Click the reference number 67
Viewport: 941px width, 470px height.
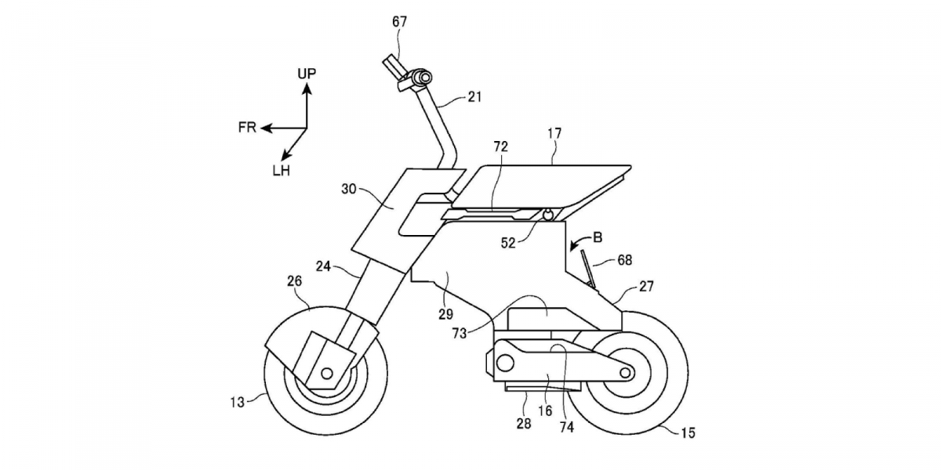400,21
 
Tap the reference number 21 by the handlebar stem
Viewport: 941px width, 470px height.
475,97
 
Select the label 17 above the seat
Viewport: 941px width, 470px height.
554,134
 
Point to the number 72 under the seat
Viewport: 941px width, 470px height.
500,146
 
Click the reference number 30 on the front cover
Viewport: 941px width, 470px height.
349,188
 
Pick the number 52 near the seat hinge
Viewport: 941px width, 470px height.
508,243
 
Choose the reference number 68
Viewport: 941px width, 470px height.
624,259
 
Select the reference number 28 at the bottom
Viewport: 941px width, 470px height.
524,424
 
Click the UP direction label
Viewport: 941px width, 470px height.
307,74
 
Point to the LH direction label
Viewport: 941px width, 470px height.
281,170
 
